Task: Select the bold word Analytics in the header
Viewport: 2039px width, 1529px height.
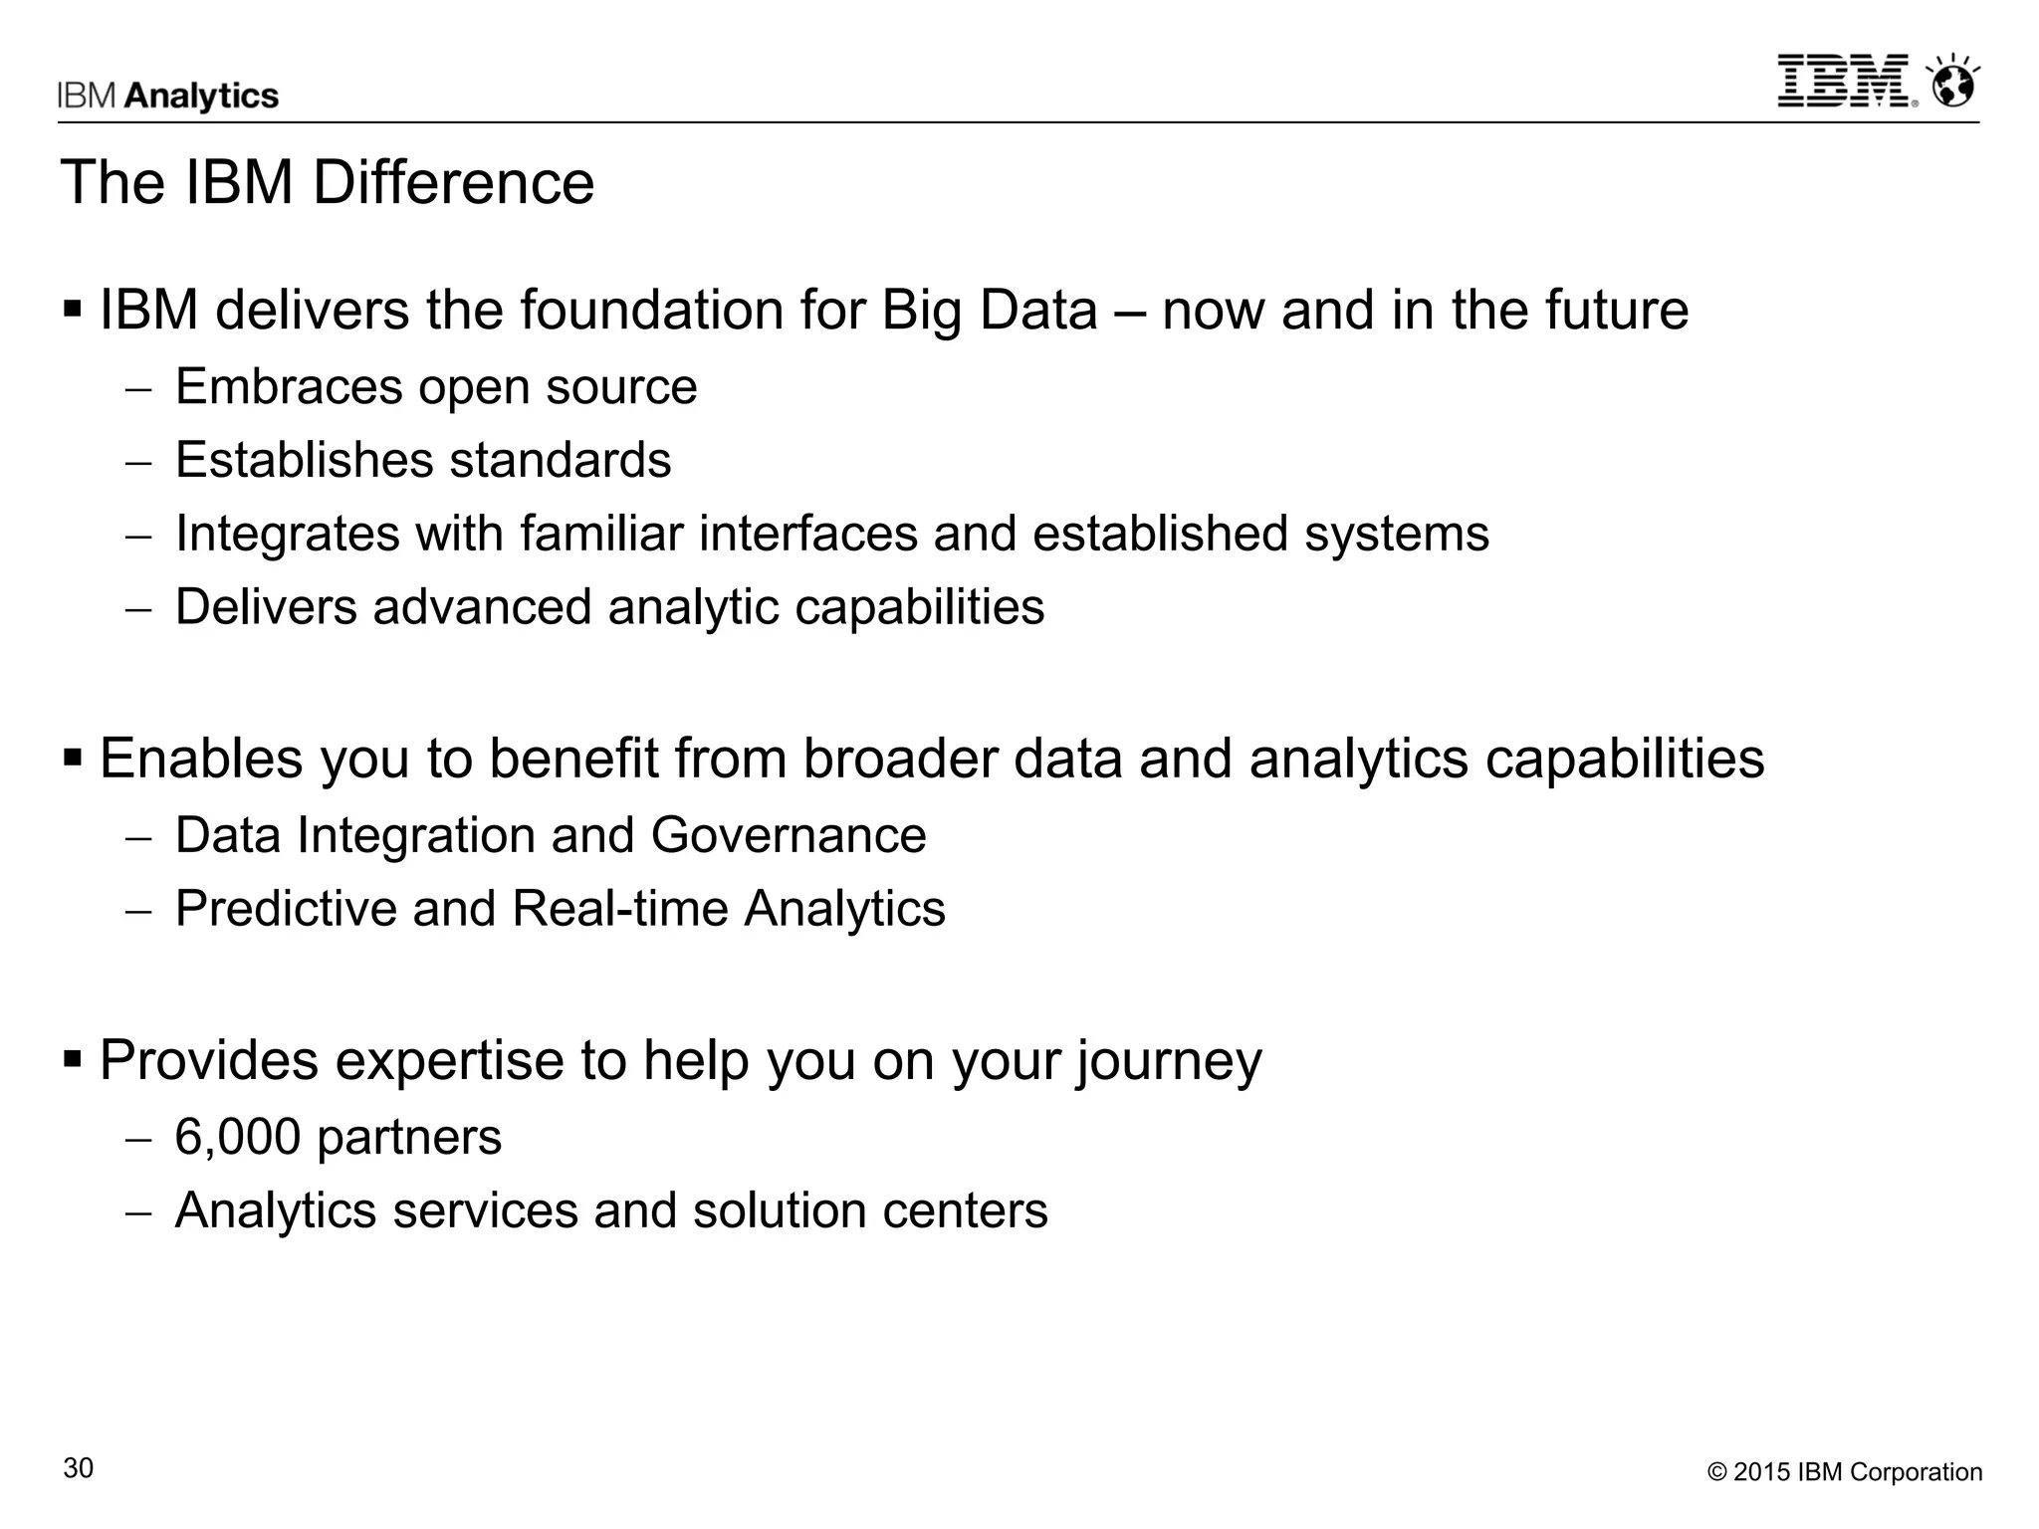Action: click(x=202, y=96)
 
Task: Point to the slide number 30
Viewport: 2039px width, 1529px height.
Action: click(x=79, y=1468)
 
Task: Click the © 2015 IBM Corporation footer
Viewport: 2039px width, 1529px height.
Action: click(x=1845, y=1472)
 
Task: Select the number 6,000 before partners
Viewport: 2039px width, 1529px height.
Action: click(x=237, y=1137)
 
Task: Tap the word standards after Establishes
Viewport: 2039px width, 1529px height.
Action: click(x=561, y=460)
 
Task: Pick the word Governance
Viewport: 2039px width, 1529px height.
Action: click(x=789, y=834)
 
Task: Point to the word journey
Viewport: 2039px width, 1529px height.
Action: click(x=1169, y=1061)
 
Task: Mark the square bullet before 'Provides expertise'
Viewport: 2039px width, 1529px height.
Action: click(x=73, y=1058)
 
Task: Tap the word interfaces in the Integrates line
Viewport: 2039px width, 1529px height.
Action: click(x=807, y=534)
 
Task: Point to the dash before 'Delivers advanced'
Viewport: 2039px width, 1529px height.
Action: click(x=138, y=609)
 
